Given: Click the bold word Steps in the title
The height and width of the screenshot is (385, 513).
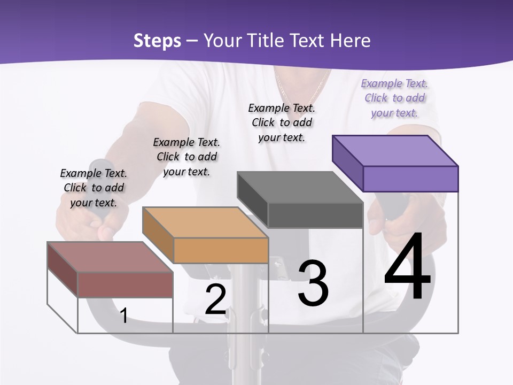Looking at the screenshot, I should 157,41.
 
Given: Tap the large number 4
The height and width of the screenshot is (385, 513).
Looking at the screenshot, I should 408,267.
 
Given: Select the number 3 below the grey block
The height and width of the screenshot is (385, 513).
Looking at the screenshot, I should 313,284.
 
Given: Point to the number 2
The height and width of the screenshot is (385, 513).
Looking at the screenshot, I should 216,300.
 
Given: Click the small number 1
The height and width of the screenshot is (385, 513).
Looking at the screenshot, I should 123,316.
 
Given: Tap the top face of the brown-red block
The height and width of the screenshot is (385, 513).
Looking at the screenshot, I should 110,257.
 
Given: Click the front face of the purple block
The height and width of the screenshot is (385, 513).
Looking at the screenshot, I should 410,179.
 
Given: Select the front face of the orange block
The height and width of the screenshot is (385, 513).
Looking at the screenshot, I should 221,250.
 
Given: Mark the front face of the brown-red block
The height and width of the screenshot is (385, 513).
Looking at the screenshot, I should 125,284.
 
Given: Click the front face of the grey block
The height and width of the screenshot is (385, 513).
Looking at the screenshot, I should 315,215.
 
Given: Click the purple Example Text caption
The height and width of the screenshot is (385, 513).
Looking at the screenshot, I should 394,98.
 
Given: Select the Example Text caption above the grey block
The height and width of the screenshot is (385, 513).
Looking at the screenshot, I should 282,122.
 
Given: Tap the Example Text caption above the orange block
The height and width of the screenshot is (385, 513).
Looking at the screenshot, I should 186,157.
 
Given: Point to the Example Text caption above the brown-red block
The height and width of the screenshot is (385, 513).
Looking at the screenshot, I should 94,188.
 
